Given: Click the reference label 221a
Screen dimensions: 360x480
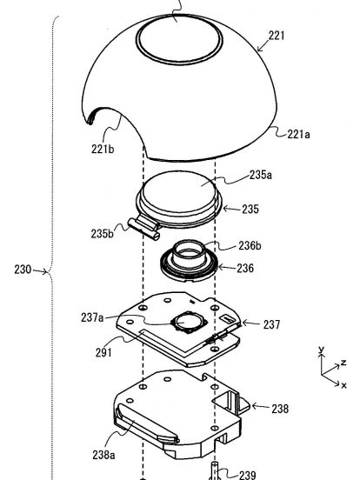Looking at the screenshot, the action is (x=298, y=134).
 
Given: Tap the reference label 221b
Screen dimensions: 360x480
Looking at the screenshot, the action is (x=103, y=149).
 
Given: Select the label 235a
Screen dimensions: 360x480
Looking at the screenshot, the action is (x=261, y=175).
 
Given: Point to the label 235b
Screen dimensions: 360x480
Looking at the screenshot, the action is (x=102, y=233).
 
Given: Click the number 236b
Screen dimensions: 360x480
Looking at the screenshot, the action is (x=250, y=245).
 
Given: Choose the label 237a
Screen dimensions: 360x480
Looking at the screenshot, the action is (x=92, y=317).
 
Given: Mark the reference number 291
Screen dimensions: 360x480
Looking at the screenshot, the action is (x=103, y=353).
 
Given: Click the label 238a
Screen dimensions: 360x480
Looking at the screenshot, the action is (x=103, y=455).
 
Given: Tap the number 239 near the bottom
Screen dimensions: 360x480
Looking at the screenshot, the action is (x=247, y=475).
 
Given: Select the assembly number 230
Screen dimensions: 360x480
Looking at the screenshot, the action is (x=23, y=270).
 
